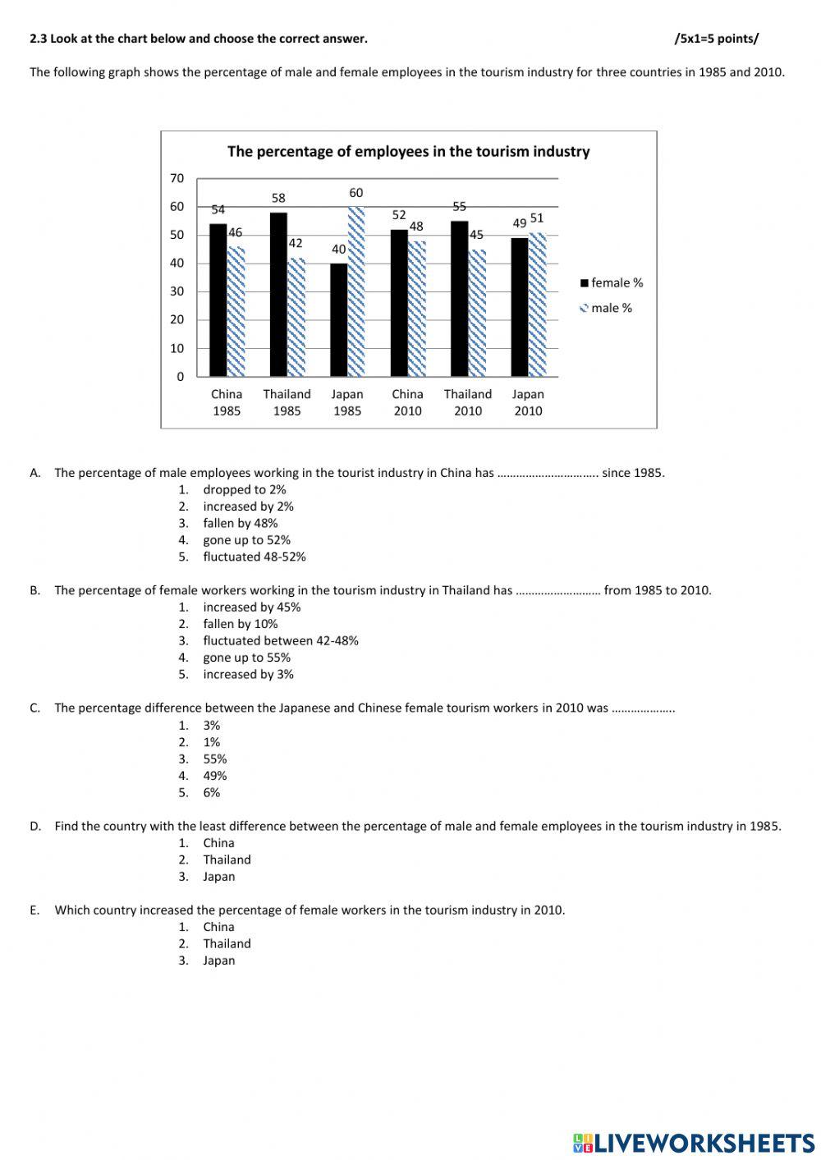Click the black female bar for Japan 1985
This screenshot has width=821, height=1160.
coord(338,320)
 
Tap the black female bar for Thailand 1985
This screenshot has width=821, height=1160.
coord(278,295)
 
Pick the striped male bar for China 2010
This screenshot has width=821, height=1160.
coord(417,309)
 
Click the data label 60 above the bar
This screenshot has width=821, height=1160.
coord(355,193)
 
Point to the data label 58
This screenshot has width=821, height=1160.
coord(278,198)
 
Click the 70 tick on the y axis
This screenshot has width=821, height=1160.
coord(177,178)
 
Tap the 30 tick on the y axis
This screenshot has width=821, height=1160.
coord(177,291)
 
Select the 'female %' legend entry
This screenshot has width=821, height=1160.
coord(612,283)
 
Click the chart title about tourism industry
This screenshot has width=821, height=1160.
coord(408,152)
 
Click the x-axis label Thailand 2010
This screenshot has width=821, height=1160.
coord(468,402)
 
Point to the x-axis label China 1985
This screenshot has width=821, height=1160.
coord(227,402)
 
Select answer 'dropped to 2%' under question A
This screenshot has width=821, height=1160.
coord(245,489)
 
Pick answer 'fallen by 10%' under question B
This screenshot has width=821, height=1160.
coord(241,624)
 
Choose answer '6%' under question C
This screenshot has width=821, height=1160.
coord(212,792)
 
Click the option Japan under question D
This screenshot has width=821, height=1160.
coord(219,876)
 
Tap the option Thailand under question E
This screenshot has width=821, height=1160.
coord(227,943)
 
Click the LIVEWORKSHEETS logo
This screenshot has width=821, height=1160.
coord(694,1142)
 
